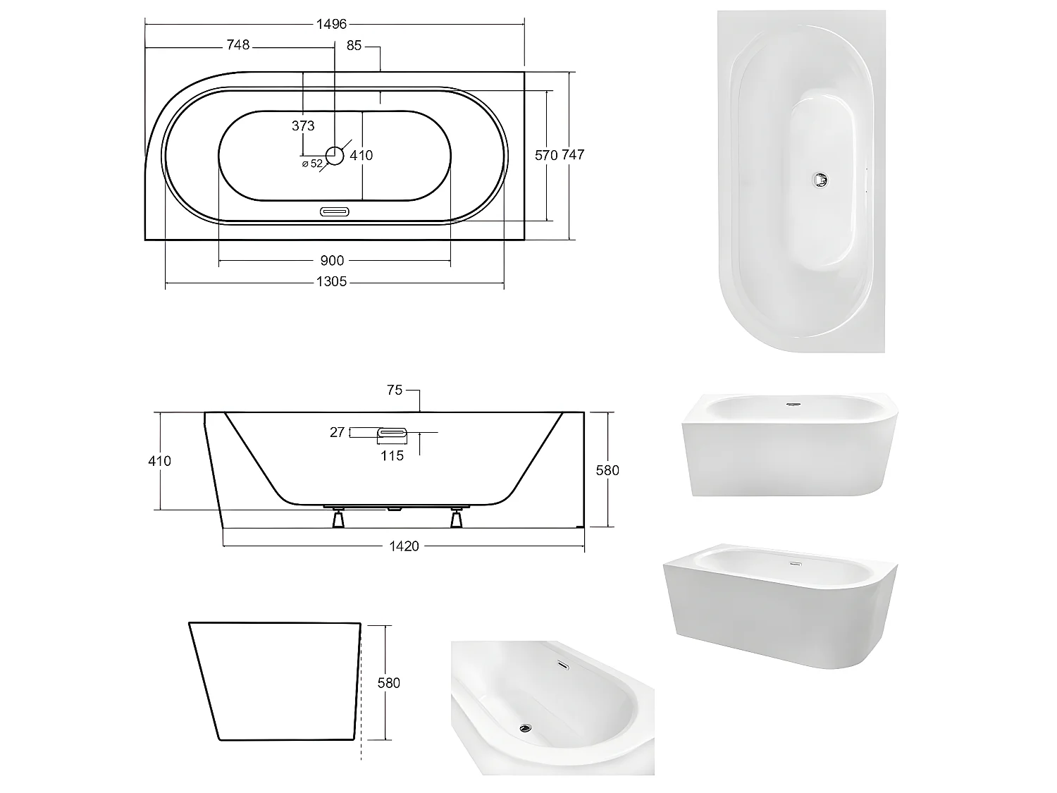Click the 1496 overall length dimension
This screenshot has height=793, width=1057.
coord(331,24)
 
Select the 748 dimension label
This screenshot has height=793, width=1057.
coord(237,45)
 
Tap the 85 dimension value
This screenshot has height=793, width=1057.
coord(354,45)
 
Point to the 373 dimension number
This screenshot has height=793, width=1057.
coord(303,126)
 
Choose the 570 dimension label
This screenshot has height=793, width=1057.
coord(546,155)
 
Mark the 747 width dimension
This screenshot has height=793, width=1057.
coord(573,155)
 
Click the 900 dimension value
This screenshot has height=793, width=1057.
coord(332,261)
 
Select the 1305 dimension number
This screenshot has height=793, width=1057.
coord(331,282)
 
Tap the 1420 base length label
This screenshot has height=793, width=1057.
coord(404,546)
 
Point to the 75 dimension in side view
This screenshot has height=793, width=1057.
coord(395,390)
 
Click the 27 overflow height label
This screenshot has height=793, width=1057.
coord(338,432)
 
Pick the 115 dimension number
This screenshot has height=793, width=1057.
coord(392,455)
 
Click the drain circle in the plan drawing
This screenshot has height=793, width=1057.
coord(335,155)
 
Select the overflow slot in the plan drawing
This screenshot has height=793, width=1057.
coord(335,211)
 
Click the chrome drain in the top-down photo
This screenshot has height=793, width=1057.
coord(819,180)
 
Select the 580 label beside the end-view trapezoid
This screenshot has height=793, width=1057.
coord(389,682)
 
